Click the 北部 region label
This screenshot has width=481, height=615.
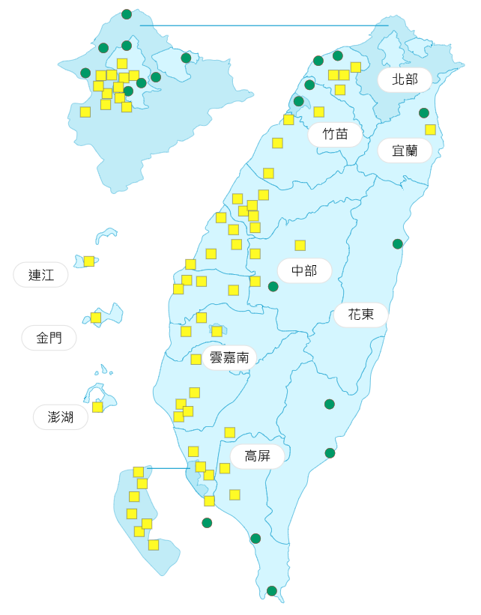405,79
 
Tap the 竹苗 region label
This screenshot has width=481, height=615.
335,135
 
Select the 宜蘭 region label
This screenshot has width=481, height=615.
405,151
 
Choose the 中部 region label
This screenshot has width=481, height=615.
304,270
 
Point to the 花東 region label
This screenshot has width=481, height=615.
360,315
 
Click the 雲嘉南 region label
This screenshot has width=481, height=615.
229,357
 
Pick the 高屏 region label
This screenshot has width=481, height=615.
257,456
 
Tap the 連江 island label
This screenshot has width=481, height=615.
41,275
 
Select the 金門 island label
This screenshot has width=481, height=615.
49,338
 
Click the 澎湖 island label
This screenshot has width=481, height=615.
61,417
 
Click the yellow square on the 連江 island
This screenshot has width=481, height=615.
89,261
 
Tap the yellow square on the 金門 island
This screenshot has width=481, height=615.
96,318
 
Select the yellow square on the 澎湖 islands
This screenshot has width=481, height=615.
97,407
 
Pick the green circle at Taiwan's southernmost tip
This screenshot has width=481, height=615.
272,591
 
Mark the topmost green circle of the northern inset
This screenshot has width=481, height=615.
127,14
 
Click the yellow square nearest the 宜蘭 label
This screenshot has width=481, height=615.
430,130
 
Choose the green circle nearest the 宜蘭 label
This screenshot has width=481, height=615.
424,113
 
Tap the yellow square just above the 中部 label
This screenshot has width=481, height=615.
300,245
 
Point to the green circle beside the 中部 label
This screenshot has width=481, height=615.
273,286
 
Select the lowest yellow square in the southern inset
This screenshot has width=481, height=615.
154,545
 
